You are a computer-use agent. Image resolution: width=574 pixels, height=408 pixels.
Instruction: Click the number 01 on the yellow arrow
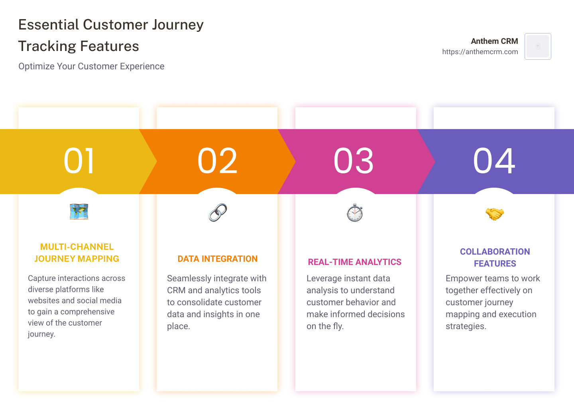coord(79,161)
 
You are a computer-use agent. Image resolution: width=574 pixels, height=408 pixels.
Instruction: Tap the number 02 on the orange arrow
coord(218,161)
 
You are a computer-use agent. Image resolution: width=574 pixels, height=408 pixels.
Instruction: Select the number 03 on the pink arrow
coord(354,161)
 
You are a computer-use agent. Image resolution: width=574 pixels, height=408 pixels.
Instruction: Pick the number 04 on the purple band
coord(494,161)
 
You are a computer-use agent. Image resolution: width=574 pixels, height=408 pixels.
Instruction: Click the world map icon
coord(79,212)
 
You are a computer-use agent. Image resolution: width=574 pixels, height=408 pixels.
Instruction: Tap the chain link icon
coord(218,212)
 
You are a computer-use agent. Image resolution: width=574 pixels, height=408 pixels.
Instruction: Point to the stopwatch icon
coord(355,213)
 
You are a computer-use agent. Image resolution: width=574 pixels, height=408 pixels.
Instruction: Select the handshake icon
coord(495,214)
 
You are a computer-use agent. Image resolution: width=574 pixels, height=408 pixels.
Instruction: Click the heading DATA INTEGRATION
coord(218,259)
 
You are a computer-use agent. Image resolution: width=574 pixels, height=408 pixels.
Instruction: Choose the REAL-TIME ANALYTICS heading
coord(355,262)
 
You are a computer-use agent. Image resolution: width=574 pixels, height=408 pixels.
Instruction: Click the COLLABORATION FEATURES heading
coord(495,257)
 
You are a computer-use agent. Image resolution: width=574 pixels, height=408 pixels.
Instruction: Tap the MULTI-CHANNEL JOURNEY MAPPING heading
coord(77,253)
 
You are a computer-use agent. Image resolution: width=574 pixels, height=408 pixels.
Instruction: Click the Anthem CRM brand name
coord(494,41)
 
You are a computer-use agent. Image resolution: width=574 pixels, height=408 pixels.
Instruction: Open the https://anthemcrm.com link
coord(480,52)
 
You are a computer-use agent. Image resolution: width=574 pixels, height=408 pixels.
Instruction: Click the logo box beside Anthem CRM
coord(538,46)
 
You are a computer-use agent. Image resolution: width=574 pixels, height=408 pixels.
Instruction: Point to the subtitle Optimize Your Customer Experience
coord(91,67)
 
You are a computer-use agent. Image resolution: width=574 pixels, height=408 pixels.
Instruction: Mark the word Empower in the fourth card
coord(462,279)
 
